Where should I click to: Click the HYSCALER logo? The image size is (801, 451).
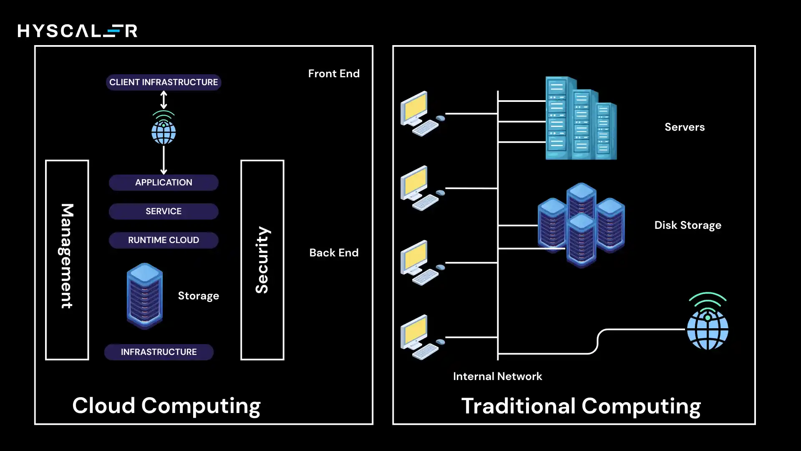click(78, 31)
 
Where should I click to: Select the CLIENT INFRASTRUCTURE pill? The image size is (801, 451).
click(164, 82)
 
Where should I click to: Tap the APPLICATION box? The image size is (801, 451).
click(164, 182)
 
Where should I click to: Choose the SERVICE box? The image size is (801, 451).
click(164, 211)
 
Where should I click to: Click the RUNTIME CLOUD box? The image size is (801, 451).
click(164, 240)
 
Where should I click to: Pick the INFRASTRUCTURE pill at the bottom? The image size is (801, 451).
click(159, 352)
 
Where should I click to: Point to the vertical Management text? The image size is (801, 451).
click(67, 256)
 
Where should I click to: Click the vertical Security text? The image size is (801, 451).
click(262, 260)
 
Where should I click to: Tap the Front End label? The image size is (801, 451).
click(334, 74)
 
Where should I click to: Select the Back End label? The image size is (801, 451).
click(334, 253)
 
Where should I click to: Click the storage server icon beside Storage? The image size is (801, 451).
click(145, 296)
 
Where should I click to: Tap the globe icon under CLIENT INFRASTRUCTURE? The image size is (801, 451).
click(164, 129)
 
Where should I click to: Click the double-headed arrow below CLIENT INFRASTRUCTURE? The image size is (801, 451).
click(164, 100)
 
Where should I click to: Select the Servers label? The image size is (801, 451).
click(685, 127)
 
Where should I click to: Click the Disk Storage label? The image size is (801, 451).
click(688, 225)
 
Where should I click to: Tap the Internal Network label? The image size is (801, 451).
click(497, 376)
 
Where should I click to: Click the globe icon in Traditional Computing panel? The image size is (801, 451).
click(708, 324)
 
